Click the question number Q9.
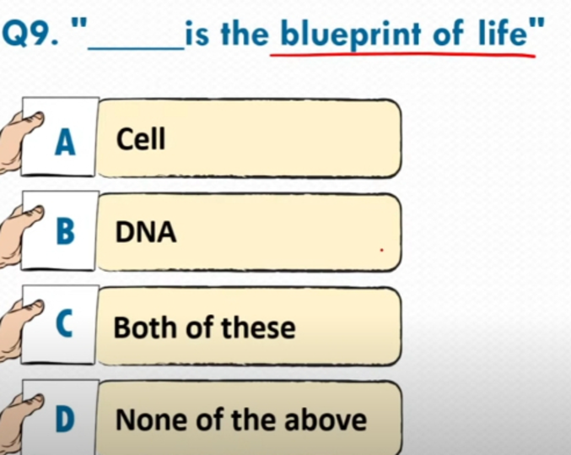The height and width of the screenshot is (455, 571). (x=30, y=35)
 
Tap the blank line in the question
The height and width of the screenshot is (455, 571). (x=137, y=47)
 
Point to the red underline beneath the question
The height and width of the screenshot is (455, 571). (x=402, y=55)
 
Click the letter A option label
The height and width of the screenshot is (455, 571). (x=65, y=142)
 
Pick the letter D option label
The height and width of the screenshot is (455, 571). (x=65, y=418)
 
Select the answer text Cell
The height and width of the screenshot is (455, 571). (x=141, y=138)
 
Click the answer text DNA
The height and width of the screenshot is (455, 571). (x=146, y=232)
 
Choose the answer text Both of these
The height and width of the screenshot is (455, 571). (x=204, y=327)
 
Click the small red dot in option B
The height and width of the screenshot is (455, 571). (x=381, y=250)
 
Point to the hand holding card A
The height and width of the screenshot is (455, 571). (x=21, y=142)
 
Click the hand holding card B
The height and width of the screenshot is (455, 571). (x=21, y=236)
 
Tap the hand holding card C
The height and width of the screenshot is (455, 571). (x=21, y=330)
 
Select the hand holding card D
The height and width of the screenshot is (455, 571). (x=21, y=423)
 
